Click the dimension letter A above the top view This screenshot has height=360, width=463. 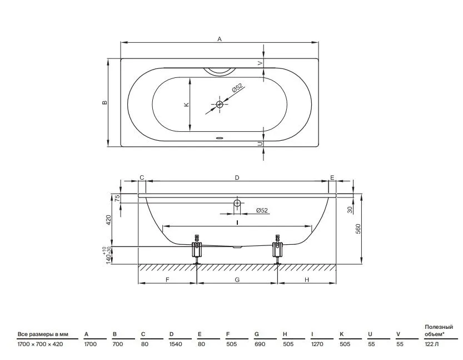[220, 39]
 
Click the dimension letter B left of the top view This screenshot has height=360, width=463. [104, 102]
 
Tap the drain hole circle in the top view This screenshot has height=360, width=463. [220, 104]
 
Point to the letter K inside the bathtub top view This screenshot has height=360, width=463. [186, 105]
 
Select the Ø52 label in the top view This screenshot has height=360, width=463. [237, 88]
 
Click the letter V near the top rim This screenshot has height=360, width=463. [260, 63]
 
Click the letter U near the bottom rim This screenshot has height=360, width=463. [260, 144]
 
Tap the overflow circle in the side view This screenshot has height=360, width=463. [237, 203]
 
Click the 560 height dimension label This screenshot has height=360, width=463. [358, 229]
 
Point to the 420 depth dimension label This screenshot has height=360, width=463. [109, 220]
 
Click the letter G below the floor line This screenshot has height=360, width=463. [237, 280]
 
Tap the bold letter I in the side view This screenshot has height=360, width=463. [237, 223]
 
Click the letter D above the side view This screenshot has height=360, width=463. [237, 177]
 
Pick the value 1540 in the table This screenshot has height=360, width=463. [176, 344]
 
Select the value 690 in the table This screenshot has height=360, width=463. [260, 344]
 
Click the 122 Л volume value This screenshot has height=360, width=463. [431, 344]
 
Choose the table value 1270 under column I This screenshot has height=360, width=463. [317, 344]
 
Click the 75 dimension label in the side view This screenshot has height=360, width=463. [117, 198]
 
